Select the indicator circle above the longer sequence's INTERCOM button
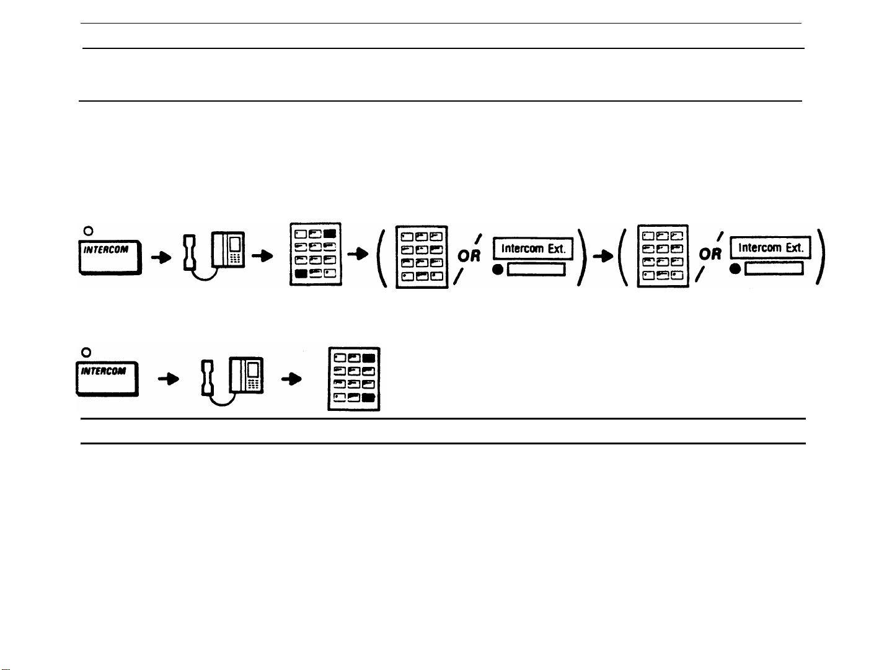coord(88,231)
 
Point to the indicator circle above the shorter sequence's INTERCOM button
coord(87,352)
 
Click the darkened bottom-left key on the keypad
coord(301,273)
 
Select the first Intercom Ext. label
coord(532,249)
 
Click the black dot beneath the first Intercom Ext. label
coord(498,270)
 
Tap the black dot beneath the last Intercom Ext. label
coord(735,269)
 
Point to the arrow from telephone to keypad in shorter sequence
coord(288,381)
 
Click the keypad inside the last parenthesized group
coord(663,255)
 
